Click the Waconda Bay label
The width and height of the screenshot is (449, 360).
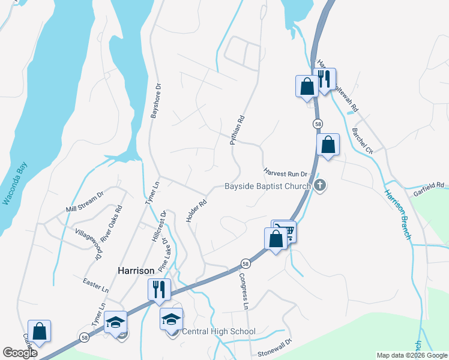pyautogui.click(x=16, y=184)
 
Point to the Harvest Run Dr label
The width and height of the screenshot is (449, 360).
pyautogui.click(x=285, y=172)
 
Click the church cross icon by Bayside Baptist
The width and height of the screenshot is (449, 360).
pyautogui.click(x=320, y=185)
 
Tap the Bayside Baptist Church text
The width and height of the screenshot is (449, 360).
pyautogui.click(x=267, y=186)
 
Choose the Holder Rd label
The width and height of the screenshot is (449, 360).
pyautogui.click(x=196, y=212)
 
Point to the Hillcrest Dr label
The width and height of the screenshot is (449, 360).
pyautogui.click(x=158, y=226)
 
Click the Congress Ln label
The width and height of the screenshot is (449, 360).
pyautogui.click(x=244, y=291)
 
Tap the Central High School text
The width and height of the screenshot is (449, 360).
pyautogui.click(x=218, y=331)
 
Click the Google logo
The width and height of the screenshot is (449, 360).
pyautogui.click(x=20, y=353)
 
